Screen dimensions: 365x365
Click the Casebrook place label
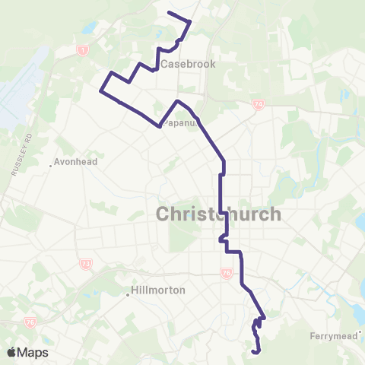(x=186, y=64)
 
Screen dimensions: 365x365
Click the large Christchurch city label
(x=218, y=214)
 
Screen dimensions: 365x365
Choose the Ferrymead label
(x=333, y=335)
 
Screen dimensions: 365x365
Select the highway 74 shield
(x=259, y=103)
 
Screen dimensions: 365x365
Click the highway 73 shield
(x=84, y=264)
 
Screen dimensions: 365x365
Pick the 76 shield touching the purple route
(x=226, y=272)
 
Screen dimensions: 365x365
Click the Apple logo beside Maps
(x=11, y=352)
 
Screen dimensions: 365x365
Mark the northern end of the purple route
(x=168, y=14)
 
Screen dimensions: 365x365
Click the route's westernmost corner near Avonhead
(x=100, y=92)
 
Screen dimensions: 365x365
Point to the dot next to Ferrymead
(x=361, y=332)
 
